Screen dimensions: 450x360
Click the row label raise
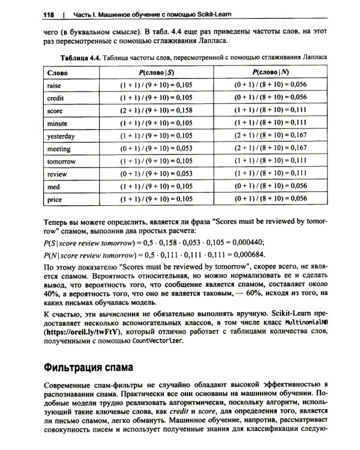tap(54, 85)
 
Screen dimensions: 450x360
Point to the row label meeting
tap(58, 149)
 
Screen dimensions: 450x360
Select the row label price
tap(54, 199)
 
